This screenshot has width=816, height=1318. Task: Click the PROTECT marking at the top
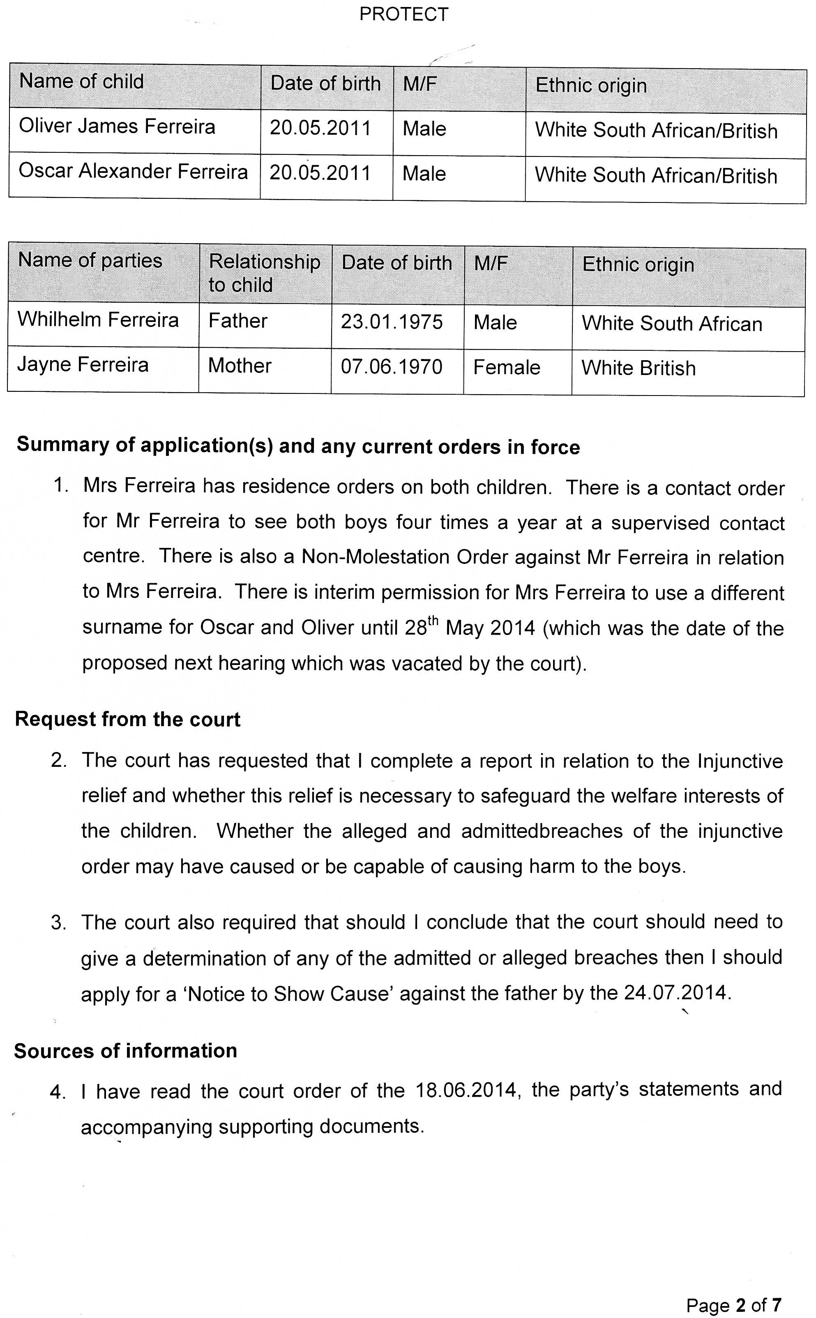tap(403, 14)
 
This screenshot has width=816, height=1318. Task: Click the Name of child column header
tap(81, 81)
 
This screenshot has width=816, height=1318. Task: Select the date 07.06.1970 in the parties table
tap(391, 367)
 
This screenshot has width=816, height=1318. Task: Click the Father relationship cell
tap(238, 321)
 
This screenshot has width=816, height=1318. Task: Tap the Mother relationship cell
tap(240, 366)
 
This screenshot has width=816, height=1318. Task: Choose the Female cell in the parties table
tap(506, 368)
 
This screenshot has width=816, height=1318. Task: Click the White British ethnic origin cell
tap(639, 368)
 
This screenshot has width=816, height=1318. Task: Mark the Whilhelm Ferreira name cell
tap(98, 320)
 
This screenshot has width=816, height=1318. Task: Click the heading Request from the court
tap(128, 720)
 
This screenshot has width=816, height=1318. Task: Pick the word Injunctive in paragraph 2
tap(740, 761)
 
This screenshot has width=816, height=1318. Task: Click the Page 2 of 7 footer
tap(733, 1306)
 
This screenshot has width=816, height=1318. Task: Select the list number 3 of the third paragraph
tap(58, 923)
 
